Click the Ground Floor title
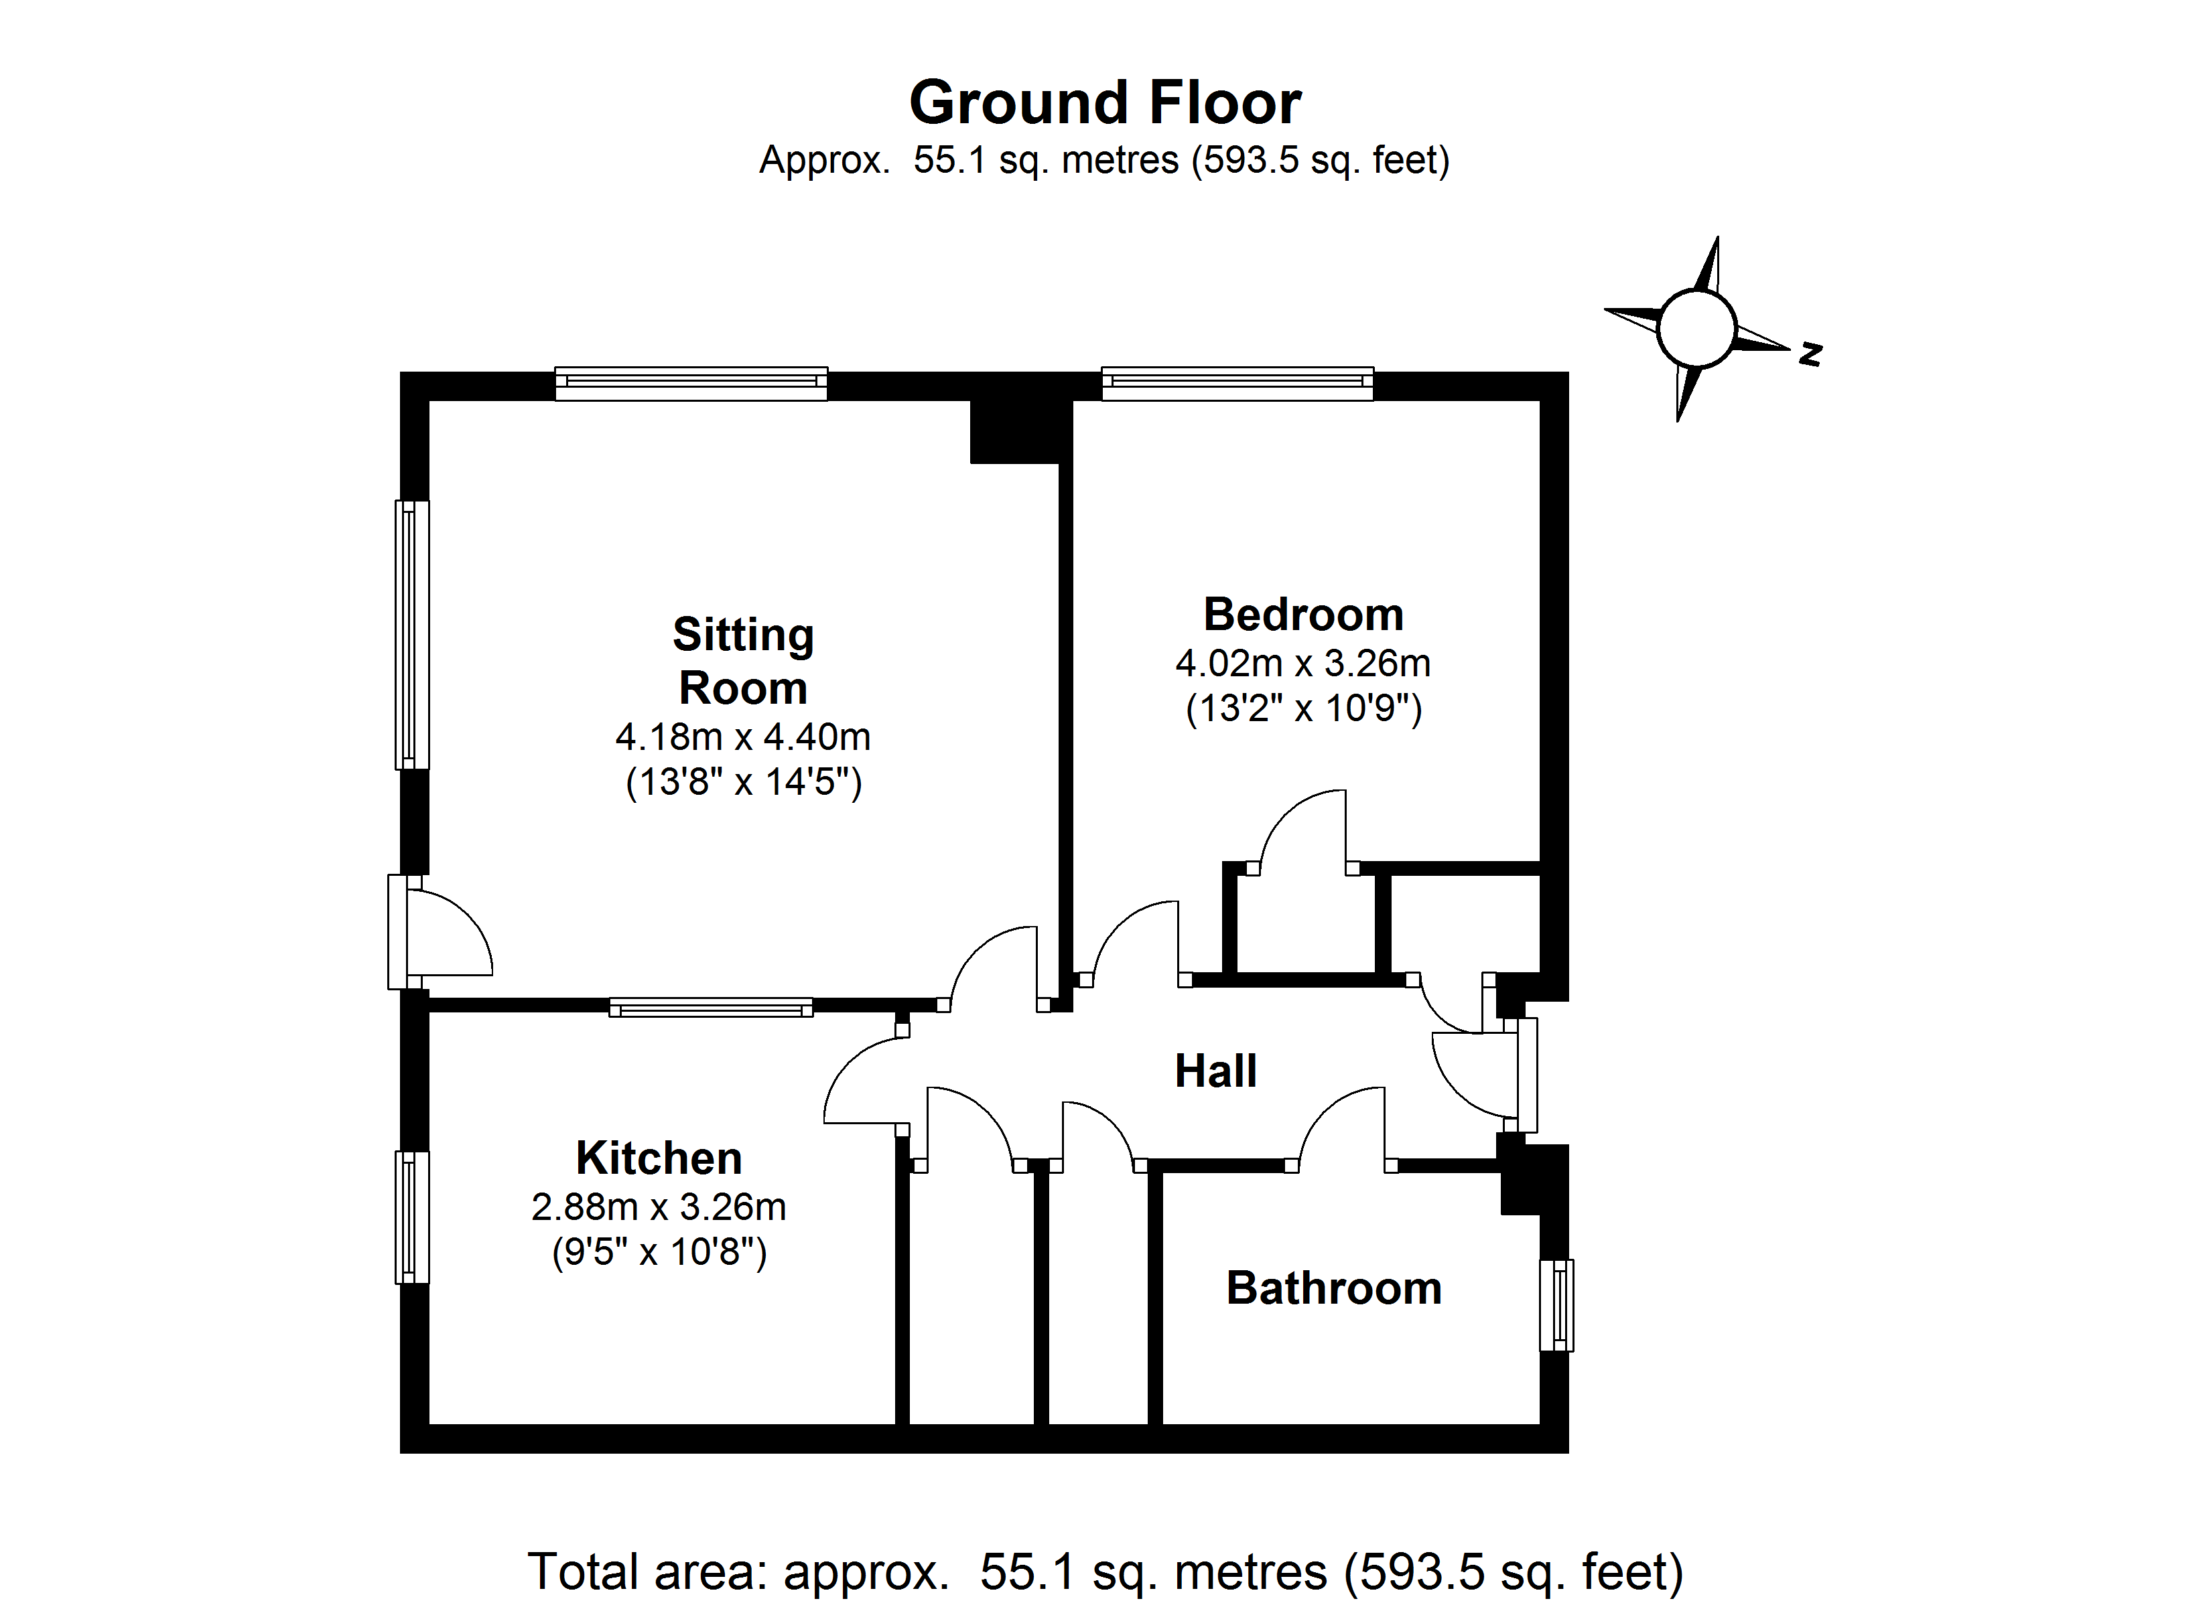tap(1105, 102)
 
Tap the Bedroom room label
tap(1303, 615)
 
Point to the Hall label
tap(1215, 1071)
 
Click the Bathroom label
tap(1333, 1288)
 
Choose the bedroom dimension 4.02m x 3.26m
tap(1302, 664)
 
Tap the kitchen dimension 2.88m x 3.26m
tap(659, 1207)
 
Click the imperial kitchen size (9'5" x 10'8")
tap(659, 1251)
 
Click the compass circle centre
tap(1696, 327)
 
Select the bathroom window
tap(1556, 1305)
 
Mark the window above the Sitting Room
tap(691, 383)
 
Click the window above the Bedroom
tap(1237, 383)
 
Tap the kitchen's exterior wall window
tap(411, 1217)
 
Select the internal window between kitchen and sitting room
tap(711, 1008)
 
